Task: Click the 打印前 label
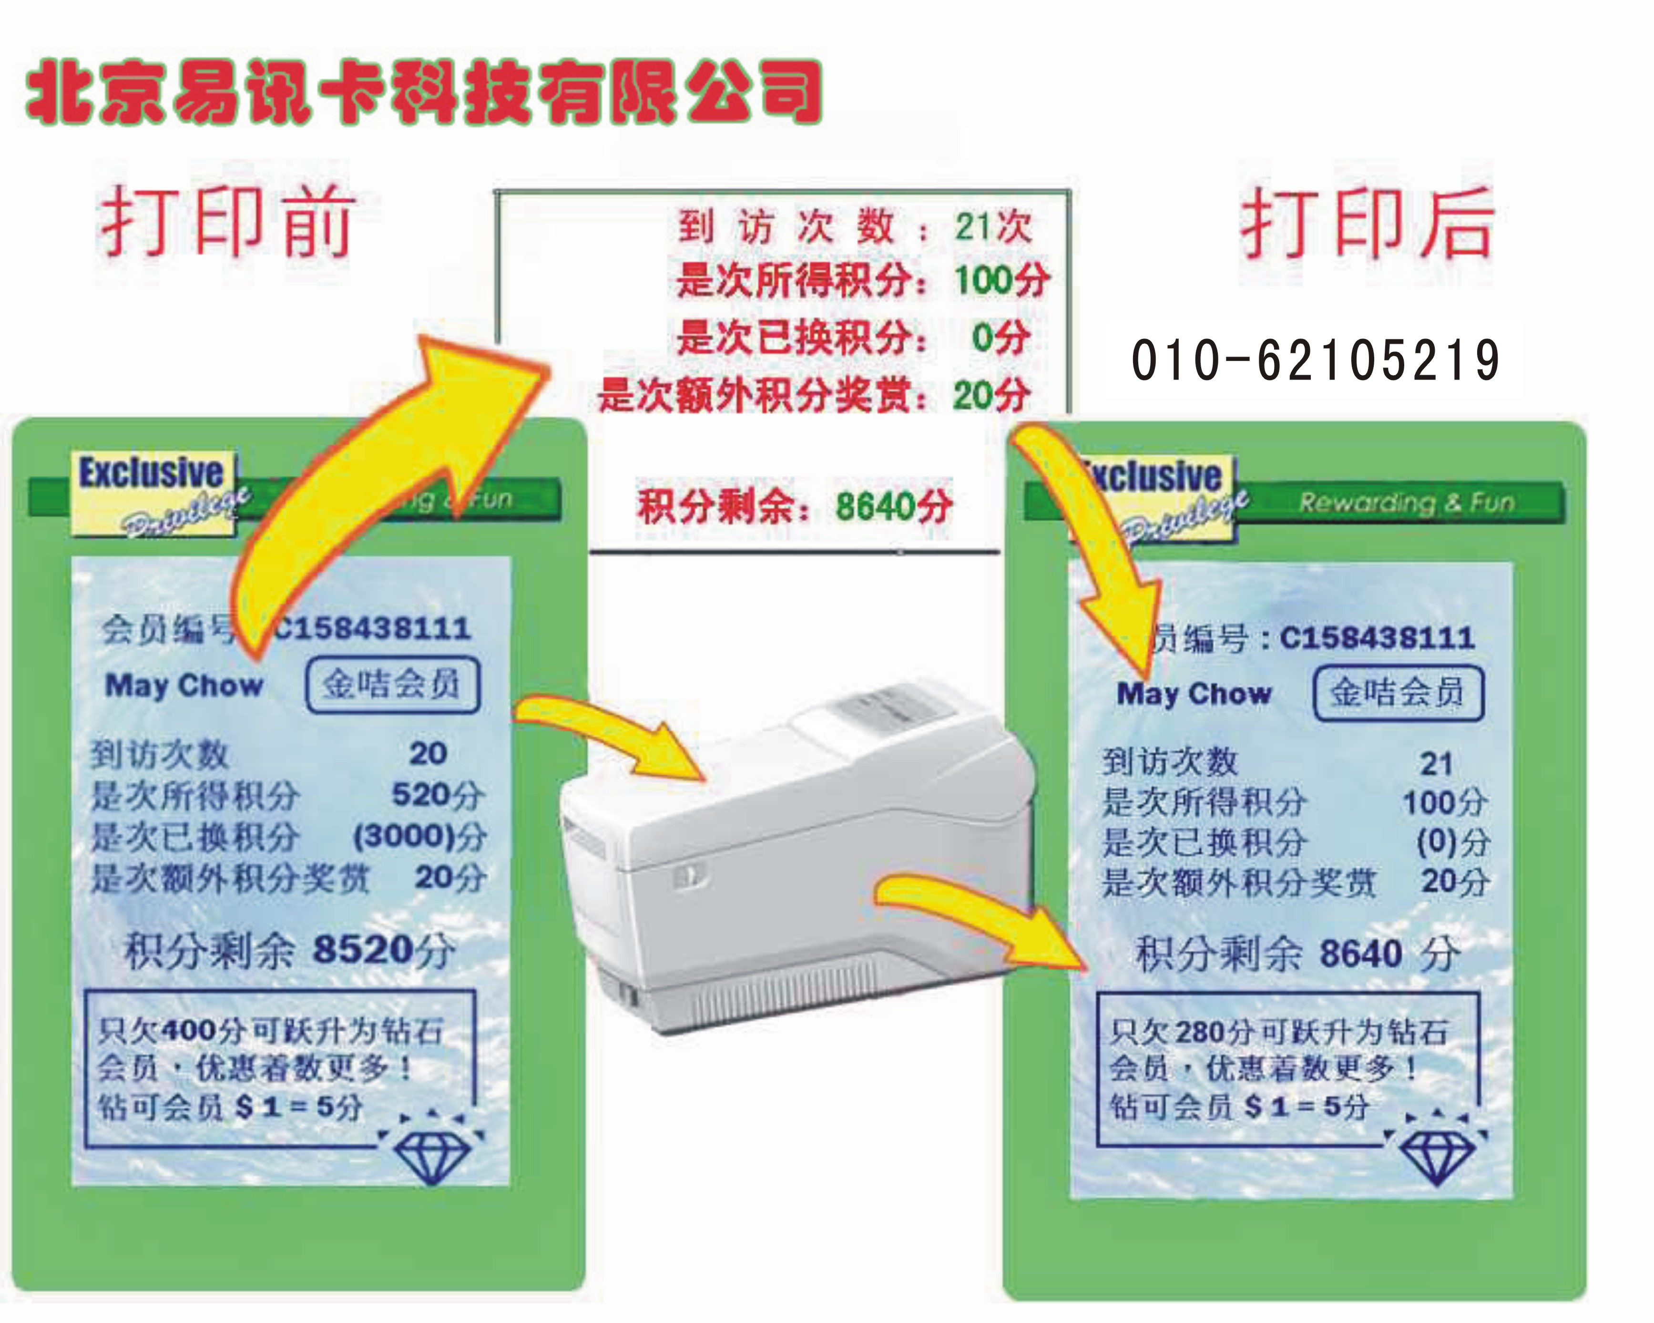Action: click(227, 223)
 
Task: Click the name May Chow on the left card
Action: click(184, 685)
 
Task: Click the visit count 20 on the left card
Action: click(427, 754)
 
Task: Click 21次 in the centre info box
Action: click(993, 227)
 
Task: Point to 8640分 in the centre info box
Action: click(894, 506)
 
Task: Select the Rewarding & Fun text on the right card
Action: click(1406, 503)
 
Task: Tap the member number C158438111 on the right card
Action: click(1377, 638)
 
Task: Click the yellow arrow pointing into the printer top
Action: click(614, 733)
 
